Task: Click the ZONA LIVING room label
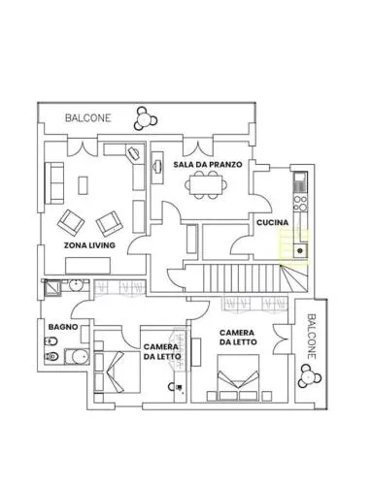[89, 245]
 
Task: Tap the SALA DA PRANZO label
[208, 164]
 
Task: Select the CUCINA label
[272, 222]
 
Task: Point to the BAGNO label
[63, 327]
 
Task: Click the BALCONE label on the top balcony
[87, 118]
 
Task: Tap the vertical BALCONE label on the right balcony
[311, 337]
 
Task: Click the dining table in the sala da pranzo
[206, 184]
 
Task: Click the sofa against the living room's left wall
[54, 183]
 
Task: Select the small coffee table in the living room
[83, 185]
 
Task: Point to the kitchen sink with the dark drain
[300, 250]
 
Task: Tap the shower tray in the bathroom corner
[52, 288]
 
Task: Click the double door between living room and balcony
[83, 146]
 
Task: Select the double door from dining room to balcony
[198, 146]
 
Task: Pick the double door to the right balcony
[281, 339]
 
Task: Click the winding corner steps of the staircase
[294, 278]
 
